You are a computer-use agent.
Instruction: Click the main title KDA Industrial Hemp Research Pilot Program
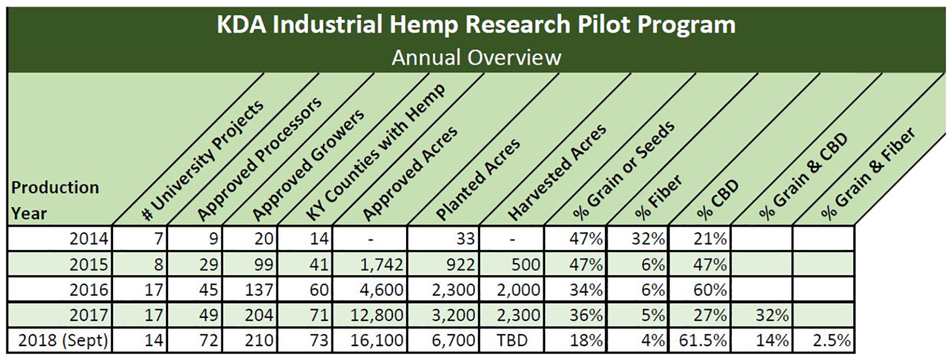coord(476,25)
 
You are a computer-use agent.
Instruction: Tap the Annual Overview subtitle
coord(476,57)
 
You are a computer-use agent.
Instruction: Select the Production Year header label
coord(55,200)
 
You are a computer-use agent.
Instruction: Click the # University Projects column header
coord(203,160)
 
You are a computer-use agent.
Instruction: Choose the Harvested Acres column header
coord(556,173)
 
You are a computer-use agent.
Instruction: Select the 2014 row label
coord(89,239)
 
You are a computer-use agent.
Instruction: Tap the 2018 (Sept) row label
coord(63,340)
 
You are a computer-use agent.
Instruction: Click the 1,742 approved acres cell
coord(377,264)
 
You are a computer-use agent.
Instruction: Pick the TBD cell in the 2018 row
coord(512,340)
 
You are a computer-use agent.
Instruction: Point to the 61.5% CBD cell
coord(702,340)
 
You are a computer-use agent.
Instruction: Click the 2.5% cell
coord(831,340)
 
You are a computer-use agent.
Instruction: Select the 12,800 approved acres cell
coord(377,315)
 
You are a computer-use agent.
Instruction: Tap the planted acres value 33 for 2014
coord(465,239)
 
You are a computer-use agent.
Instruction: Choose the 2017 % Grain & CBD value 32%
coord(772,315)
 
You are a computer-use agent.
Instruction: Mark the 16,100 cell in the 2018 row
coord(377,340)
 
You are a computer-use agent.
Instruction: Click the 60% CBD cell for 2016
coord(710,290)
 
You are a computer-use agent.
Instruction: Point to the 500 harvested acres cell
coord(525,264)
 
